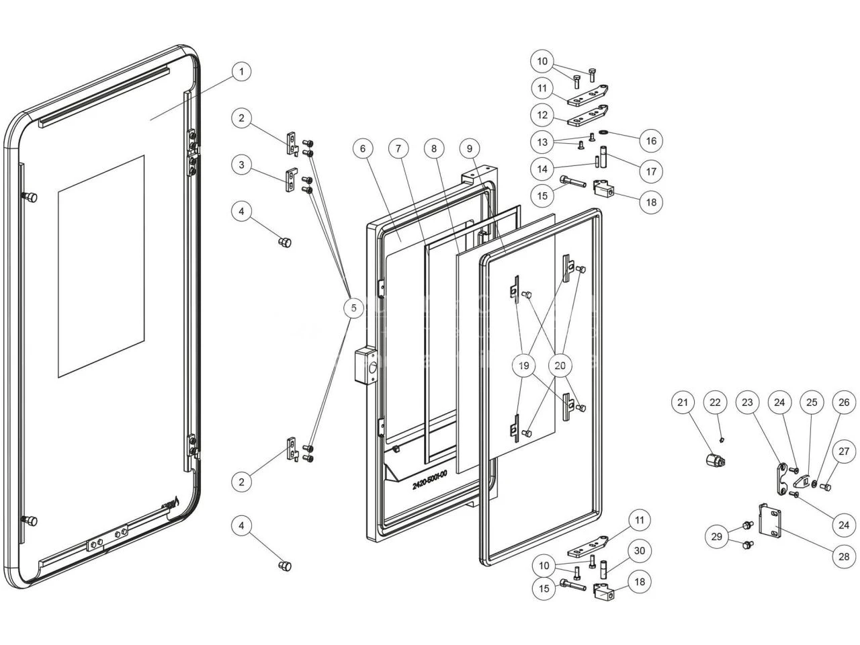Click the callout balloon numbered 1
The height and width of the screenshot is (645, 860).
point(242,72)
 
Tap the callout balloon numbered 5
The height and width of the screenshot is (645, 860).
point(353,308)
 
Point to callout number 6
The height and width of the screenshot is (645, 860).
point(363,148)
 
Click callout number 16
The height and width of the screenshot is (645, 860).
point(651,141)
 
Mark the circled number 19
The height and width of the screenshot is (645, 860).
point(524,366)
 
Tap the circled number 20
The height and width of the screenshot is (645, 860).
point(560,366)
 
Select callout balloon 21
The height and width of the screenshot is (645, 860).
point(683,402)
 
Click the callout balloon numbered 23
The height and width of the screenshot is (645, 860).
point(748,402)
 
